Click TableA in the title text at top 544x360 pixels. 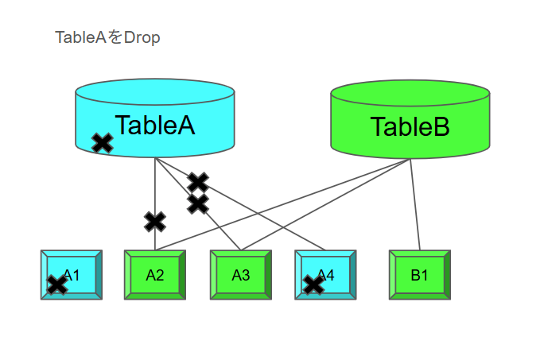80,37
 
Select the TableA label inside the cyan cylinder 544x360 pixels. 154,125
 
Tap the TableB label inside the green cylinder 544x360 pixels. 410,127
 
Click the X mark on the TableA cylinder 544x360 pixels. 102,143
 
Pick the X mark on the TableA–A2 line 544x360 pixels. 155,221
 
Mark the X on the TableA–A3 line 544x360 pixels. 197,204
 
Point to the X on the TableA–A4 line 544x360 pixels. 197,182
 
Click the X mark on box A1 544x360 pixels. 57,285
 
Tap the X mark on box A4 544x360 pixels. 314,285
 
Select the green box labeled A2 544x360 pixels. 155,275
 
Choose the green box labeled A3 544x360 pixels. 241,275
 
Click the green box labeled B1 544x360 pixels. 419,275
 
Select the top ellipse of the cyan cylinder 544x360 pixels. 155,91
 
